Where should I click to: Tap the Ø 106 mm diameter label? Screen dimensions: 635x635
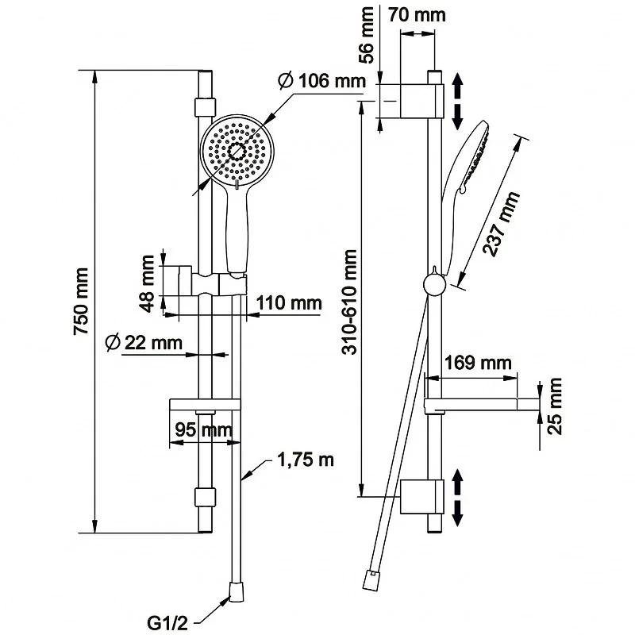pyautogui.click(x=322, y=81)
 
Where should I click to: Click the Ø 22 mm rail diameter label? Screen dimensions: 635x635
pyautogui.click(x=143, y=342)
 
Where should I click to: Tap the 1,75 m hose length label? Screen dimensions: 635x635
pyautogui.click(x=305, y=460)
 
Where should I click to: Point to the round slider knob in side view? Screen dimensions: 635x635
pyautogui.click(x=433, y=284)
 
